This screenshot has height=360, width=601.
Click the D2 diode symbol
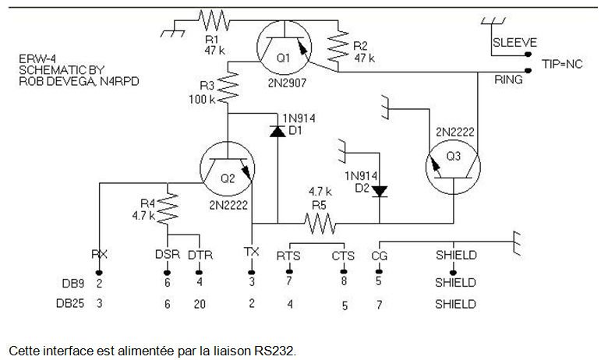(380, 191)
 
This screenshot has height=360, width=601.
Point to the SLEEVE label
(514, 43)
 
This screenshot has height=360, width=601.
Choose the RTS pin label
(289, 255)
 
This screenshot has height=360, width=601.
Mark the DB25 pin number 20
(200, 304)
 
